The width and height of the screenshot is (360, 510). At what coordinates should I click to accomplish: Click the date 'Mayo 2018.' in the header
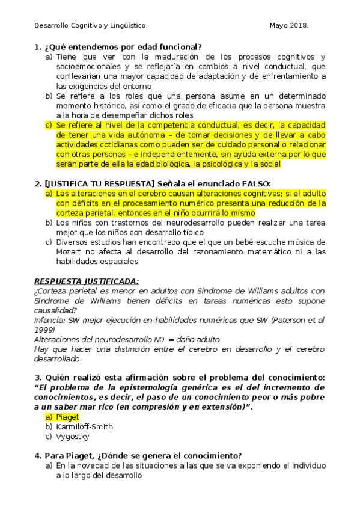coord(288,26)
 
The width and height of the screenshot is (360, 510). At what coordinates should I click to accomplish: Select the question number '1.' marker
coord(38,47)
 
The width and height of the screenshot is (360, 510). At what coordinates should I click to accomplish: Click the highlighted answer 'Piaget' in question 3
coord(67,417)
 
